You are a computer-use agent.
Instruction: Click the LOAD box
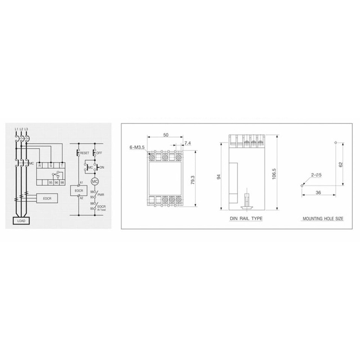point(21,221)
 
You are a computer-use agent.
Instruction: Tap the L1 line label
point(16,129)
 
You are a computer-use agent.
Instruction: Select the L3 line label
point(27,129)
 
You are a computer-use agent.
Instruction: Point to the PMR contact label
point(100,195)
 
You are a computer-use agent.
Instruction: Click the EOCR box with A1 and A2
point(79,191)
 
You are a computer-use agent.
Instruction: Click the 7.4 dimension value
point(187,143)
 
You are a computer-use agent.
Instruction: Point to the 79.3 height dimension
point(192,179)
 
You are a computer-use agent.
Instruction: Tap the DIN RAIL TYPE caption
point(246,218)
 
